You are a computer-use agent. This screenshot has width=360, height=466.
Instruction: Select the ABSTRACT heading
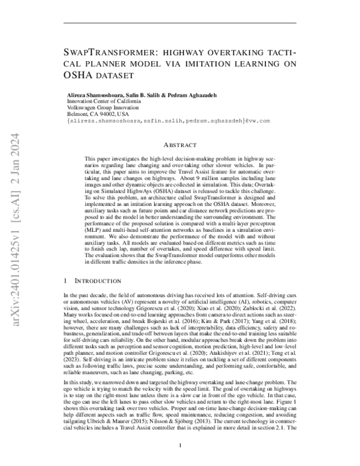pyautogui.click(x=180, y=145)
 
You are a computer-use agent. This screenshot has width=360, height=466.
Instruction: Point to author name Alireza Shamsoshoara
pyautogui.click(x=97, y=96)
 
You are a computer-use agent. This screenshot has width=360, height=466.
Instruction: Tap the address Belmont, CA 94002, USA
pyautogui.click(x=97, y=114)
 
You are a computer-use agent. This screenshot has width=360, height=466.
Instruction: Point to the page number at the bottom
pyautogui.click(x=180, y=445)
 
